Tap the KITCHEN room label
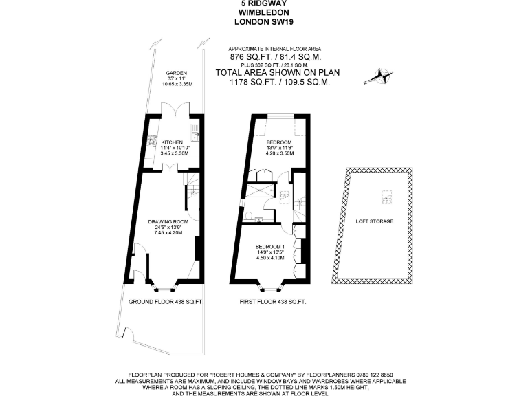[x=172, y=142]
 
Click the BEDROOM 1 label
[x=269, y=247]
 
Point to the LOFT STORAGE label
[x=374, y=221]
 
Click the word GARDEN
[x=177, y=72]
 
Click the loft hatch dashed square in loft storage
[x=386, y=198]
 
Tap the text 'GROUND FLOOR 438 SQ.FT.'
[x=166, y=302]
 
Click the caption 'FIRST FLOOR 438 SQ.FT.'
[x=272, y=302]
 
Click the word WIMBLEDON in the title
[x=264, y=12]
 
